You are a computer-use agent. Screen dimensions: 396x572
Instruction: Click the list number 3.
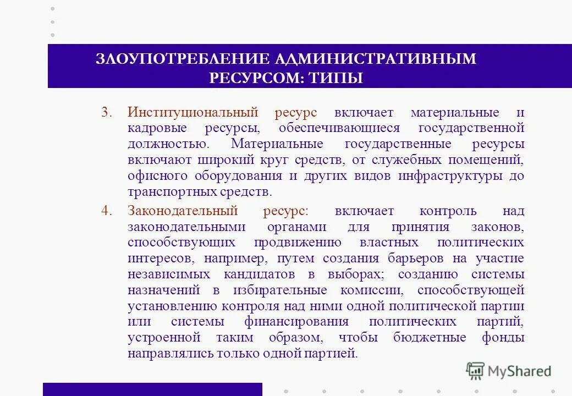(x=106, y=113)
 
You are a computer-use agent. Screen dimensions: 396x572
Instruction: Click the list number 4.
(x=106, y=211)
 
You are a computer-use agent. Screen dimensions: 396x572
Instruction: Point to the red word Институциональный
(x=193, y=113)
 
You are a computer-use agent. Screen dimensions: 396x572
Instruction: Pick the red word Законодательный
(x=183, y=211)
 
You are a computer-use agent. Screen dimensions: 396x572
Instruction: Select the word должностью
(x=168, y=144)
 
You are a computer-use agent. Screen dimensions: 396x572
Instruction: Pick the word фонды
(x=503, y=338)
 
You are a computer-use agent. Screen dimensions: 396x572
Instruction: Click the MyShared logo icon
(x=475, y=371)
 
